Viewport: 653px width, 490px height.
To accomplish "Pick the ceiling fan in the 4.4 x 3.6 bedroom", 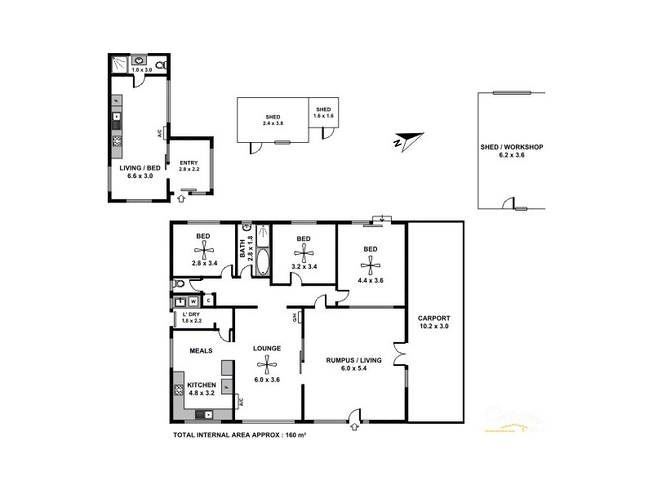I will pos(370,263).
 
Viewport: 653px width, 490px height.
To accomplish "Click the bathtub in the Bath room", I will pos(262,261).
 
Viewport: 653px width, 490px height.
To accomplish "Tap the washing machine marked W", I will pos(194,301).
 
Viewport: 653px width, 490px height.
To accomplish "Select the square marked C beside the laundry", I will pos(208,301).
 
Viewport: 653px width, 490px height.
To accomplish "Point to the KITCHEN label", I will pos(202,384).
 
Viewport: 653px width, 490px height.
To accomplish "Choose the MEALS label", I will pos(201,350).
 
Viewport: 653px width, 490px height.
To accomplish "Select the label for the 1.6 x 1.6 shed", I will pos(324,109).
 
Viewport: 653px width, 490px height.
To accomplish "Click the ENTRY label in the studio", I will pos(189,162).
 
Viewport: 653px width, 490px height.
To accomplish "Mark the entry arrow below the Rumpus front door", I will pos(353,425).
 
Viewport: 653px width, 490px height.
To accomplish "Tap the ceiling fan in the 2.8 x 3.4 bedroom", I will pos(202,251).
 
